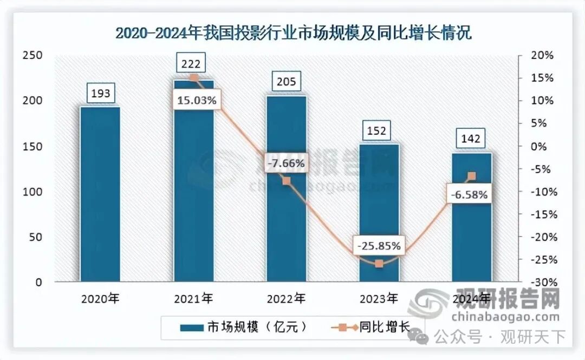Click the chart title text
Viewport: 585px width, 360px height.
point(293,33)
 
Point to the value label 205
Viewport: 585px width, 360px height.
point(286,82)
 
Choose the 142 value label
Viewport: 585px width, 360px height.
point(471,139)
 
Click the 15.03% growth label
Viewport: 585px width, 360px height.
point(196,100)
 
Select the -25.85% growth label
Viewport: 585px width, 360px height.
point(379,246)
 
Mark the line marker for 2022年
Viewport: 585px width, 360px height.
point(287,181)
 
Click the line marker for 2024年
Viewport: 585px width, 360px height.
point(472,176)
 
